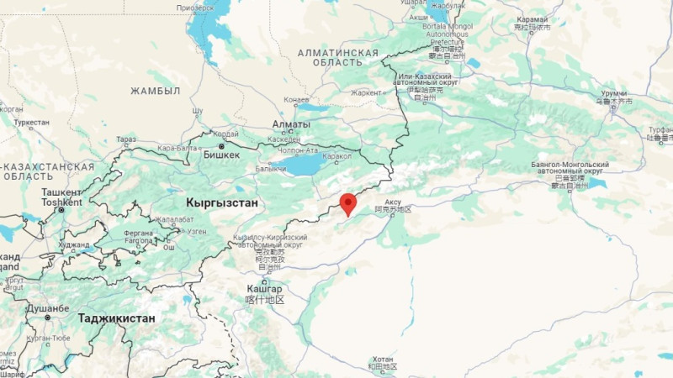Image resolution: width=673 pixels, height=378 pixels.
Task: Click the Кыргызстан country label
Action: point(221,204)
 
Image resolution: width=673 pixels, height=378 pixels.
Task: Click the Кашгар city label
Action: point(264,289)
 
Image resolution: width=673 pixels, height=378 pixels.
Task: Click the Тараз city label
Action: point(125,139)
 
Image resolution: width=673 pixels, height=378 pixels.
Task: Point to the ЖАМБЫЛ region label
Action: point(155,91)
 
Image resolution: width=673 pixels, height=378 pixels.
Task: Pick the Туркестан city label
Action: point(32,123)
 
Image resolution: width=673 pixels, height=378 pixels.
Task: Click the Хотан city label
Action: point(382,360)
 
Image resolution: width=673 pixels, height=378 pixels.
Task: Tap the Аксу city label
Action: point(393,202)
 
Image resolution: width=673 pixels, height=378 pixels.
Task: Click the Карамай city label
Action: point(532,20)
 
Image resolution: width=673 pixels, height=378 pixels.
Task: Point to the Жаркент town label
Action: point(366,93)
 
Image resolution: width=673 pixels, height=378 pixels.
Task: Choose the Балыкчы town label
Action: point(269,169)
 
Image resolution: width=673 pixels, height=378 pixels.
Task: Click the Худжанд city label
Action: point(74,245)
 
